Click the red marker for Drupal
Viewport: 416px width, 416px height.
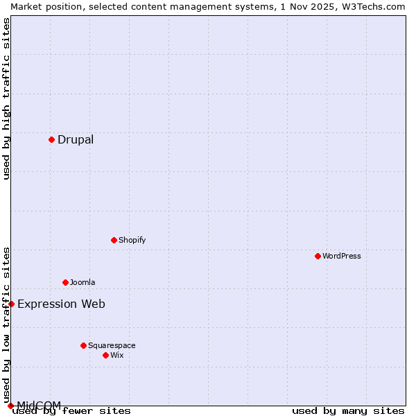51,139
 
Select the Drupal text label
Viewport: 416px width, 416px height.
76,139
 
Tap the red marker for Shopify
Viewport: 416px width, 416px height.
114,240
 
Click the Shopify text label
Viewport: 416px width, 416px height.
132,240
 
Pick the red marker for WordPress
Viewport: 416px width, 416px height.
318,256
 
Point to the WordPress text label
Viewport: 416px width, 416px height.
341,256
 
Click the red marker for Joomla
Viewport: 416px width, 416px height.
65,282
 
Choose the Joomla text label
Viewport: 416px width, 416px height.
83,282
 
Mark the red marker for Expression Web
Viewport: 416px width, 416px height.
11,304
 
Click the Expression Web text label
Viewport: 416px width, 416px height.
61,304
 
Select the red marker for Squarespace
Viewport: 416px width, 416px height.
83,345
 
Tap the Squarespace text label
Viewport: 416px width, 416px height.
112,345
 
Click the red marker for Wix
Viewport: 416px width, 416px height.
105,355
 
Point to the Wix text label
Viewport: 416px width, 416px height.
116,355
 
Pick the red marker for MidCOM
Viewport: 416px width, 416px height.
10,406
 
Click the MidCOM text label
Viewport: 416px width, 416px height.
39,405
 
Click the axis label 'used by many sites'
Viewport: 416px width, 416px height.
348,410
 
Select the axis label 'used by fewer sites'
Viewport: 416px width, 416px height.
71,410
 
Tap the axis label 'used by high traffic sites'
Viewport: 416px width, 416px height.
7,98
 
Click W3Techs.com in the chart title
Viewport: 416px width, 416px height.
368,6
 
